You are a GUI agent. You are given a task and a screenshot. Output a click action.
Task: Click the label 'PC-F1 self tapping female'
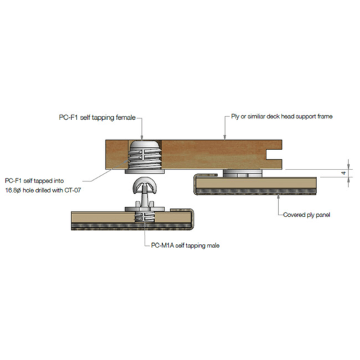pyautogui.click(x=97, y=118)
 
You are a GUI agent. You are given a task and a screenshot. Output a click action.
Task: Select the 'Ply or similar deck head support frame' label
pyautogui.click(x=281, y=117)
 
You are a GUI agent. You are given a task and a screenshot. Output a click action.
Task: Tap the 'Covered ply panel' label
pyautogui.click(x=306, y=215)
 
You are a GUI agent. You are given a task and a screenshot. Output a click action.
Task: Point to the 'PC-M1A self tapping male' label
pyautogui.click(x=185, y=245)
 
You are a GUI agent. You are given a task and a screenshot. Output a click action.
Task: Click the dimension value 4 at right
pyautogui.click(x=344, y=173)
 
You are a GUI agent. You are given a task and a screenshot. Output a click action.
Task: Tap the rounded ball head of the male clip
pyautogui.click(x=145, y=185)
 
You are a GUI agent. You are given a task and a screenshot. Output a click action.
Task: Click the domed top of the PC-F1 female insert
pyautogui.click(x=145, y=145)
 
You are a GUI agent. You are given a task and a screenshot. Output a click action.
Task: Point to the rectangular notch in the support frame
pyautogui.click(x=274, y=154)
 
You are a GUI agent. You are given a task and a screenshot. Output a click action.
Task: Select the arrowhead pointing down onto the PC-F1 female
pyautogui.click(x=141, y=137)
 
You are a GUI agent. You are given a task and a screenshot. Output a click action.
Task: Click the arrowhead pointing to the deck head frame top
pyautogui.click(x=225, y=137)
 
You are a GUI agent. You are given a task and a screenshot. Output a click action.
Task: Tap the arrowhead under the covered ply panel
pyautogui.click(x=278, y=197)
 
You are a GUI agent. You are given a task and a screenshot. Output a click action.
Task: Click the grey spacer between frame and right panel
pyautogui.click(x=242, y=173)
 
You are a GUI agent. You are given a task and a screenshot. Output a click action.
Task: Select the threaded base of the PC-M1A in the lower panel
pyautogui.click(x=145, y=217)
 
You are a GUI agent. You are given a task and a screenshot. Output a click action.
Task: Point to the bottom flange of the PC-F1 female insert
pyautogui.click(x=145, y=171)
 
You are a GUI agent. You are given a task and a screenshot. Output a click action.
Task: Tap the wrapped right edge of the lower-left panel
pyautogui.click(x=192, y=219)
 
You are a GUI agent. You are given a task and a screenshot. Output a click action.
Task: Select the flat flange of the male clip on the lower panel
pyautogui.click(x=145, y=209)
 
